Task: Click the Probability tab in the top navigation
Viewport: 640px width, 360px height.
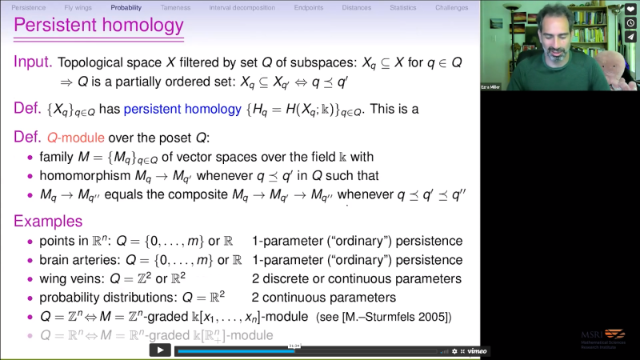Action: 126,7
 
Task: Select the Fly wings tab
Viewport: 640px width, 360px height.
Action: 78,7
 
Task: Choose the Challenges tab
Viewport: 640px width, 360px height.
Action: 452,7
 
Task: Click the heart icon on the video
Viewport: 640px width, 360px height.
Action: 631,10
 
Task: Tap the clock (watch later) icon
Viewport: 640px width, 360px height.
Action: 631,23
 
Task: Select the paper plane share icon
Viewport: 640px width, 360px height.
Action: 631,37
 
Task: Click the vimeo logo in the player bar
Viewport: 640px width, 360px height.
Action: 478,350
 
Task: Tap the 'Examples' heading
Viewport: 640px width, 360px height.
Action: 48,221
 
